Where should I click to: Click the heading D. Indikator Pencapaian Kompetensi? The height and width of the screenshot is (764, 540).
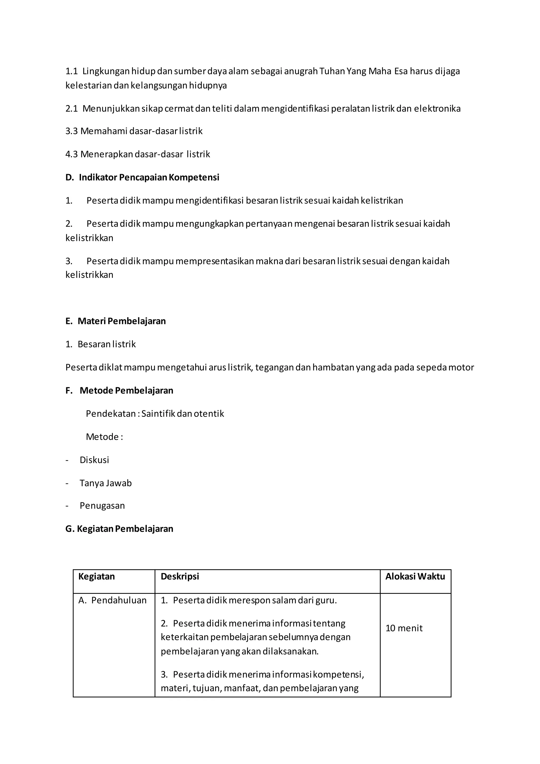click(142, 177)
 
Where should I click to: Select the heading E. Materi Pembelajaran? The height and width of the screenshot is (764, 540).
click(115, 321)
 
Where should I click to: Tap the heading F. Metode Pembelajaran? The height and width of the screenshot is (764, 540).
click(119, 390)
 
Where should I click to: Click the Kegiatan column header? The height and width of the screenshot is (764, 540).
click(97, 577)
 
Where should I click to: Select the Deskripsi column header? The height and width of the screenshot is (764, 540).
click(180, 577)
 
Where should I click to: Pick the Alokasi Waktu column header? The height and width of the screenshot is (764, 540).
click(415, 577)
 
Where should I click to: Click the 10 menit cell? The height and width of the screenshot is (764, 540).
click(404, 628)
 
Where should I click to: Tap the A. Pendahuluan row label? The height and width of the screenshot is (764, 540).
click(112, 600)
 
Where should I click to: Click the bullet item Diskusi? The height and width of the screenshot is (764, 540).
click(94, 460)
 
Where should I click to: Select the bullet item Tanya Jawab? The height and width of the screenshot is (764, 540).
click(105, 483)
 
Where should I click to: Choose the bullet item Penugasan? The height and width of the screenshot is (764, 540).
click(102, 506)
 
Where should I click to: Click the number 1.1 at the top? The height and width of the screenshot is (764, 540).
click(71, 71)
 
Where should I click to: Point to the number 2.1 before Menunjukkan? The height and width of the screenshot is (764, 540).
click(71, 109)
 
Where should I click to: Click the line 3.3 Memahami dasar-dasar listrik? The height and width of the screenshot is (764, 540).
click(134, 131)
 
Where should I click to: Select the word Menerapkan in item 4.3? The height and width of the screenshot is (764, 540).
click(107, 154)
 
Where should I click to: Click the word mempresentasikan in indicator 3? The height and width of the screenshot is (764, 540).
click(214, 261)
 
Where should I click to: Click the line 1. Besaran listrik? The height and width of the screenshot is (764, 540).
click(100, 344)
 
